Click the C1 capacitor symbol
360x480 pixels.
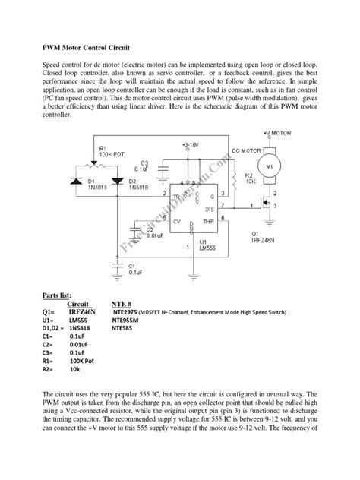click(x=115, y=265)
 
